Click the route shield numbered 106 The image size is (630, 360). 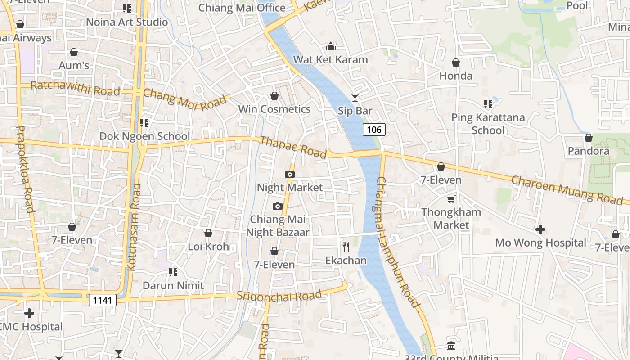[374, 130]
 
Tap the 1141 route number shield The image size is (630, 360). [103, 300]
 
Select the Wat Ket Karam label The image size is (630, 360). [330, 59]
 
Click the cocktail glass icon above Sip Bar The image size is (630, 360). [355, 97]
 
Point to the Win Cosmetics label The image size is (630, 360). [274, 109]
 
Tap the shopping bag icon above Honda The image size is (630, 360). [456, 63]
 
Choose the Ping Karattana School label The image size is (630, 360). [488, 124]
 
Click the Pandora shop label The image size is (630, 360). [588, 151]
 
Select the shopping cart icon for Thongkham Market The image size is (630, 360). [451, 199]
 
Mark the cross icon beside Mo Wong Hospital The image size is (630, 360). [540, 229]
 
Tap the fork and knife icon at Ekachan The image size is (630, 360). [346, 247]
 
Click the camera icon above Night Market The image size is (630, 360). [290, 174]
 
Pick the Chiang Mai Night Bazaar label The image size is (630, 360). [278, 226]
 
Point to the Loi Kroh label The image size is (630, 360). [208, 247]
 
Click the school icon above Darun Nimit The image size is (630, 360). [173, 272]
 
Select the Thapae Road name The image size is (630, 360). [293, 147]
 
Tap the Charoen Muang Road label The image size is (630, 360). [567, 190]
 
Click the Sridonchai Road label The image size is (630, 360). [279, 296]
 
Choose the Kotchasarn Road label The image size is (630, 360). [134, 227]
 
